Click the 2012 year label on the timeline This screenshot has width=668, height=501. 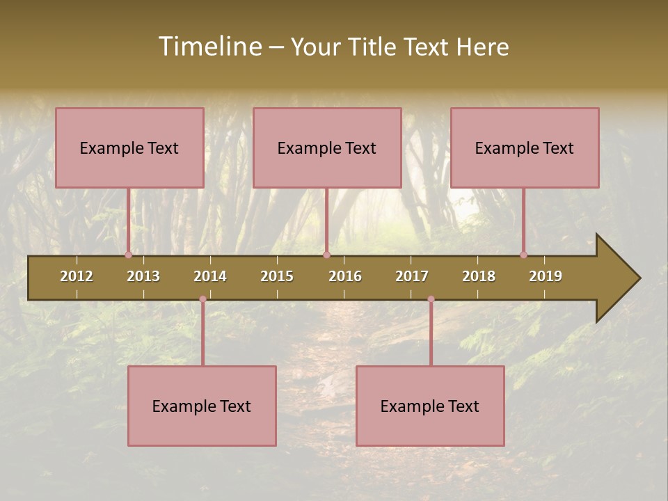(77, 276)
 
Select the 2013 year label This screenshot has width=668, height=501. (143, 276)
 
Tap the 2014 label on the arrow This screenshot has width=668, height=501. (210, 276)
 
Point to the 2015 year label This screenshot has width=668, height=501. (277, 276)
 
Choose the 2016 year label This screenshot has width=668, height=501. (345, 276)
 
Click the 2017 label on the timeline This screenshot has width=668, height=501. (412, 276)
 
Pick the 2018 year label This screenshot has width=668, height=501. (479, 276)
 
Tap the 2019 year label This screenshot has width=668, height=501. (546, 276)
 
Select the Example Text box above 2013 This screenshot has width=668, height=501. (129, 148)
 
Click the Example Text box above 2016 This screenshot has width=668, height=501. (327, 148)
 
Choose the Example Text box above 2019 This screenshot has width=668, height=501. (525, 148)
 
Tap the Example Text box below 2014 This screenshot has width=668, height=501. (202, 406)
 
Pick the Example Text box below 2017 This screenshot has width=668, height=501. (430, 406)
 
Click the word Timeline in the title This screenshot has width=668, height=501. (209, 47)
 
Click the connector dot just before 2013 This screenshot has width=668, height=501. (129, 255)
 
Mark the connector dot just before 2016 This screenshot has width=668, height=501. (326, 255)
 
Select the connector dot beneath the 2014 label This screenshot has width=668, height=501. (202, 299)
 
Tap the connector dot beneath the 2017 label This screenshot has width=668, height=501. (431, 299)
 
